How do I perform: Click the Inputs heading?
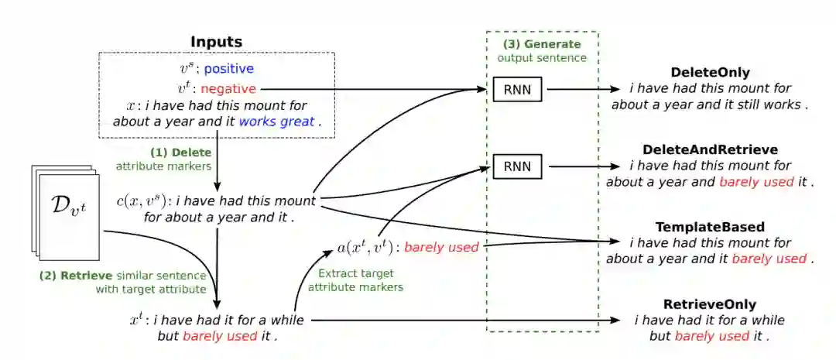pyautogui.click(x=216, y=42)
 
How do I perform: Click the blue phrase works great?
pyautogui.click(x=276, y=122)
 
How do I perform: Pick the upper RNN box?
pyautogui.click(x=518, y=89)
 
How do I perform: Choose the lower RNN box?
pyautogui.click(x=518, y=165)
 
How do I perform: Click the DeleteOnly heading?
pyautogui.click(x=710, y=73)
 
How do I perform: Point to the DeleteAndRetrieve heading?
pyautogui.click(x=710, y=149)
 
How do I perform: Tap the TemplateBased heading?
pyautogui.click(x=710, y=228)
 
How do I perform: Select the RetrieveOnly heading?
pyautogui.click(x=710, y=304)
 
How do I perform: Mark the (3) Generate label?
pyautogui.click(x=542, y=44)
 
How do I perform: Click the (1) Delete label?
pyautogui.click(x=180, y=153)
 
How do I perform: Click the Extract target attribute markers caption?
pyautogui.click(x=355, y=280)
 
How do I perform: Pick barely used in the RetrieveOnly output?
pyautogui.click(x=712, y=336)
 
